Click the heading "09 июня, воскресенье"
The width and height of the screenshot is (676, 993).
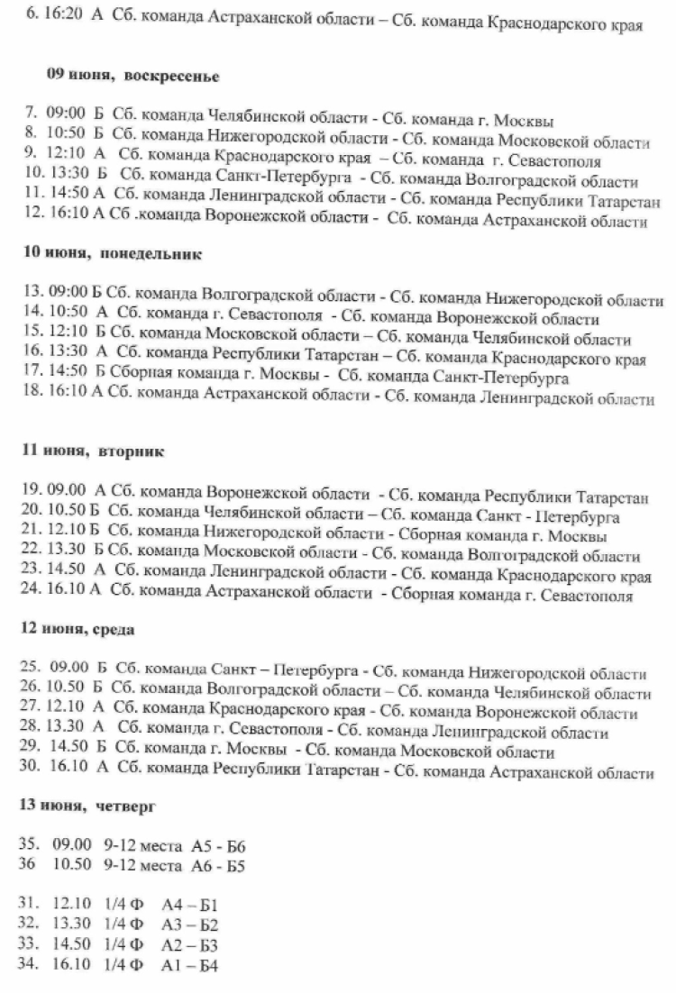(x=120, y=76)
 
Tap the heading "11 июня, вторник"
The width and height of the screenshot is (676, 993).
(x=93, y=451)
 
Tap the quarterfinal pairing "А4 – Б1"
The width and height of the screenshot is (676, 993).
(x=193, y=905)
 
